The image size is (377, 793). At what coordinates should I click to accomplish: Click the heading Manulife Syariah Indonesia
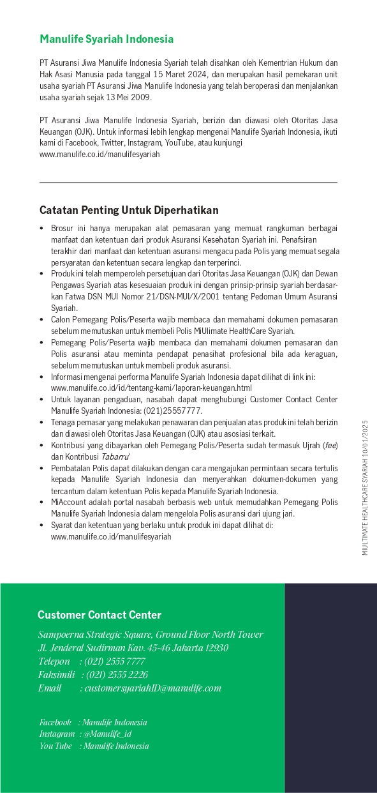coord(106,39)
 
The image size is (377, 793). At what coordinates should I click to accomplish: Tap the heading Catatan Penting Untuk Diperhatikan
coord(129,210)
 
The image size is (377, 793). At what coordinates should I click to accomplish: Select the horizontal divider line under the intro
coord(188,183)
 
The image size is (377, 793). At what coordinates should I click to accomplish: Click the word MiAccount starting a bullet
coord(68,502)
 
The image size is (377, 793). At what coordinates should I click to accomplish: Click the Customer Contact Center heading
coord(100,616)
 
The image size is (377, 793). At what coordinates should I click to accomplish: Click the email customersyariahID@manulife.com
coord(153,688)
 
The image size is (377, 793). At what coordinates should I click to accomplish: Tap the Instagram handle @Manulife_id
coord(107,734)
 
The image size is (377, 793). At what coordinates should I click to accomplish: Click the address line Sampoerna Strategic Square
coord(151,635)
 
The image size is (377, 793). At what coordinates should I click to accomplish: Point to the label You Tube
coord(55,746)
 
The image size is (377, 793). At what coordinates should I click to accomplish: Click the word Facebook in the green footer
coord(55,723)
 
